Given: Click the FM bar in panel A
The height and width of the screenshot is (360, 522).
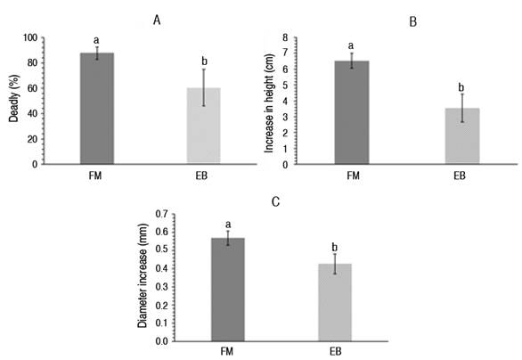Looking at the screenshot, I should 97,109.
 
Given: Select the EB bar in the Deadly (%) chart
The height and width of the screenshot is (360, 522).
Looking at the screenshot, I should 202,126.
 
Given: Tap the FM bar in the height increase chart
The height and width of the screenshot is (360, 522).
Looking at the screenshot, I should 351,112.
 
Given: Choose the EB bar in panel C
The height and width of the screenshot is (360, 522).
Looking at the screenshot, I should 335,303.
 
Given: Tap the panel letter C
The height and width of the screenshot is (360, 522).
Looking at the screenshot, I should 276,200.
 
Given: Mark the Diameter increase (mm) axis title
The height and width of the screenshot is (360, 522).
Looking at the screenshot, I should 142,277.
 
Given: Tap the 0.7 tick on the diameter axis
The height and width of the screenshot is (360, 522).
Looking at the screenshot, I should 161,215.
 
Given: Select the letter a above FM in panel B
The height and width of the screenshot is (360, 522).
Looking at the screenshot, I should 351,45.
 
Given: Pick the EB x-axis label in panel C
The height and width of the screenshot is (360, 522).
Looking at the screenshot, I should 335,353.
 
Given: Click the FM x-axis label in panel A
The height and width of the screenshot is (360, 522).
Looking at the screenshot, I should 97,176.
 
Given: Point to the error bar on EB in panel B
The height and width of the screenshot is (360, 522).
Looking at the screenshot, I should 462,108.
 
